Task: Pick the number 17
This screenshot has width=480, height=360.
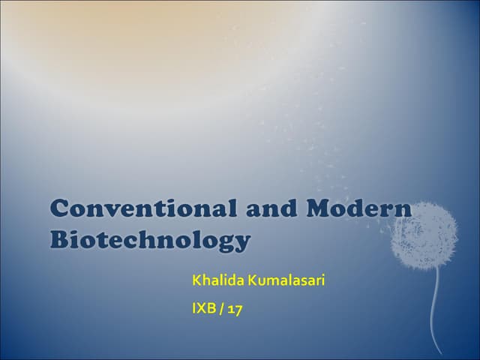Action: [235, 308]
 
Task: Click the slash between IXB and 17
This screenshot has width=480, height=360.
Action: [222, 308]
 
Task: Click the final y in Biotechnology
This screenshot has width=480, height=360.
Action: [240, 244]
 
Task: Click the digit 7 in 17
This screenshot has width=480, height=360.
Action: [238, 308]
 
